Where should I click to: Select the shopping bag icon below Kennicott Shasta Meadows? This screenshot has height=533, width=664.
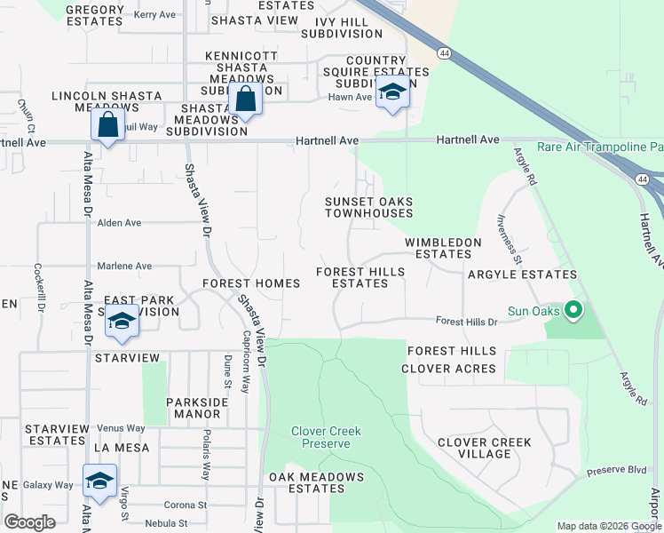pyautogui.click(x=246, y=99)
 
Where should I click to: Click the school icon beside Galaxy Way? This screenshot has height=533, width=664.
pyautogui.click(x=99, y=481)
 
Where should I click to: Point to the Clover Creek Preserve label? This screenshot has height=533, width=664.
pyautogui.click(x=327, y=437)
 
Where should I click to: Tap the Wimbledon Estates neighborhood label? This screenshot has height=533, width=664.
pyautogui.click(x=443, y=248)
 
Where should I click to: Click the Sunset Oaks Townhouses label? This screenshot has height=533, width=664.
pyautogui.click(x=368, y=207)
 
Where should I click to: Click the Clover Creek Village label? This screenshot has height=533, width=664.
pyautogui.click(x=485, y=448)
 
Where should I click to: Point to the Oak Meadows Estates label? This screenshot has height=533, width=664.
pyautogui.click(x=316, y=482)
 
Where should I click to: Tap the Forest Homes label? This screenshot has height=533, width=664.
pyautogui.click(x=250, y=283)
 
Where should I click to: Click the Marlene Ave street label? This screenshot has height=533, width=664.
pyautogui.click(x=124, y=266)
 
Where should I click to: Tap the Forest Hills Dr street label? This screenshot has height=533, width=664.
pyautogui.click(x=466, y=322)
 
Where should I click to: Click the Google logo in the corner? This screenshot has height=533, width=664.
pyautogui.click(x=29, y=522)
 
